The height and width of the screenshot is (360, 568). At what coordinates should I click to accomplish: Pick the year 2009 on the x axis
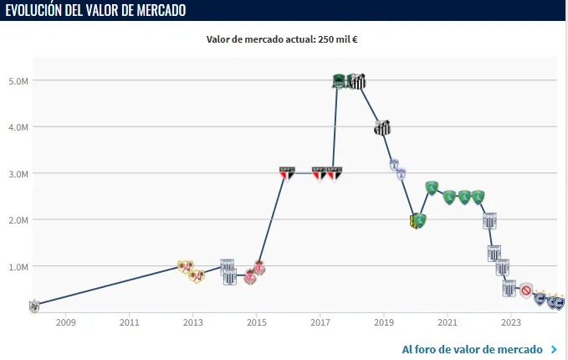(x=66, y=322)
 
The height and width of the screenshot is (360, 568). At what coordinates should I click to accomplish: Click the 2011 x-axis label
(x=130, y=322)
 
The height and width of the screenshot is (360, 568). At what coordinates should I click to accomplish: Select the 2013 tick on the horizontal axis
(x=193, y=322)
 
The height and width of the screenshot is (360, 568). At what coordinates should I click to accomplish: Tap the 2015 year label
(x=257, y=322)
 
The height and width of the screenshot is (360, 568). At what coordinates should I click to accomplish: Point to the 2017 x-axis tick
(x=320, y=322)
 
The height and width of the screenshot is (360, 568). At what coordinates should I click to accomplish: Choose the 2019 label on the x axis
(x=384, y=322)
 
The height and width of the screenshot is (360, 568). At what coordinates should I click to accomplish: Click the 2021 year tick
(x=448, y=322)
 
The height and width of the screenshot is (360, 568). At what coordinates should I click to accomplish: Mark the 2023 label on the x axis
(x=511, y=322)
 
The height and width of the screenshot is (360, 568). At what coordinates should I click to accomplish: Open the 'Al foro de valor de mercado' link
(x=473, y=349)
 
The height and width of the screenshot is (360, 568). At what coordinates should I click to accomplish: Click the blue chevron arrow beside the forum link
(x=554, y=349)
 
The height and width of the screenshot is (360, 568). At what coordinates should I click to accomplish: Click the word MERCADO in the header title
(x=157, y=10)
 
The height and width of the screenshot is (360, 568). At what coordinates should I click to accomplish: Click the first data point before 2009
(x=33, y=305)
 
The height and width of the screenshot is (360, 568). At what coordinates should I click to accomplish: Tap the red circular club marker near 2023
(x=526, y=291)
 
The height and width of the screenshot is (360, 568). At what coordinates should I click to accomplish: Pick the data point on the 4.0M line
(x=382, y=128)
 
